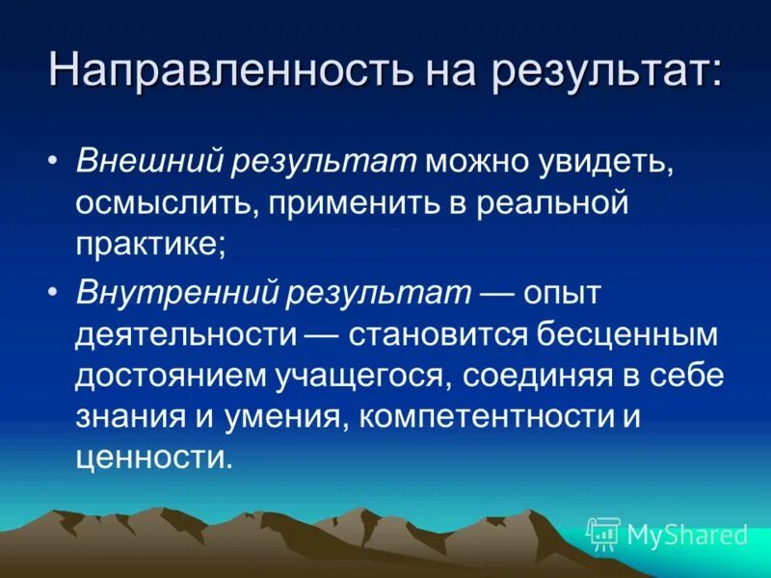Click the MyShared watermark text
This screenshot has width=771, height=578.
[687, 535]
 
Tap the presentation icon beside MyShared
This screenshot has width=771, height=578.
[603, 534]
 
